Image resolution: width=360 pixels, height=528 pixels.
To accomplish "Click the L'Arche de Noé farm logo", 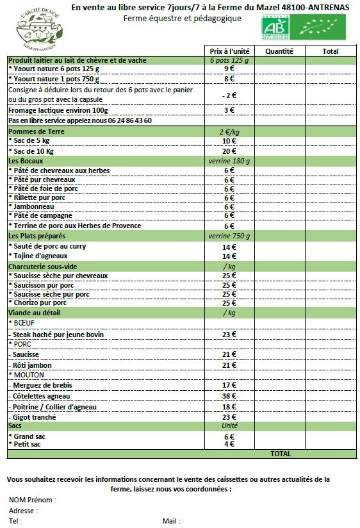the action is (40, 29).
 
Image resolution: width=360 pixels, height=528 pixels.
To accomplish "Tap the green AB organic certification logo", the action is (275, 28).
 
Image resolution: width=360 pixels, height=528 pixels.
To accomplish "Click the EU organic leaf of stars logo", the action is (318, 28).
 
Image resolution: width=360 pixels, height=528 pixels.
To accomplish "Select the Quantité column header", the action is (279, 51).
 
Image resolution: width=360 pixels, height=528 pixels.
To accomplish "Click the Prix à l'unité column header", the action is (229, 51).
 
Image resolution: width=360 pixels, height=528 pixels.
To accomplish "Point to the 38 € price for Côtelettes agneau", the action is (229, 396).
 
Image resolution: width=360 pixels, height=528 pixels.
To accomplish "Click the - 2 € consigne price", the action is (229, 95).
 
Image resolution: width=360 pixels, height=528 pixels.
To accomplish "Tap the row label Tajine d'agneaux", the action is (40, 256).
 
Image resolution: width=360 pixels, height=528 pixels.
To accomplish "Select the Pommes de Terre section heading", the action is (36, 131).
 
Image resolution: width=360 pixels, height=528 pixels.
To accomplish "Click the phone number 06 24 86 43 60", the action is (129, 120).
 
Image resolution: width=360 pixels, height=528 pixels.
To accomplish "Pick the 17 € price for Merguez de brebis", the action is (229, 385).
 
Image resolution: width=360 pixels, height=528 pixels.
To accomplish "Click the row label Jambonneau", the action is (34, 206).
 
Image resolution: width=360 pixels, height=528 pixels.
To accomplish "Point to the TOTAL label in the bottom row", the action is (281, 454).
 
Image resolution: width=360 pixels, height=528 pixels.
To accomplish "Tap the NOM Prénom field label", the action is (32, 500).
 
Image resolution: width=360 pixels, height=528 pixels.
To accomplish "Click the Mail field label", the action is (172, 521).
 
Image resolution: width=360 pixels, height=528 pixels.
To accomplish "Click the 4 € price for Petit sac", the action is (229, 444).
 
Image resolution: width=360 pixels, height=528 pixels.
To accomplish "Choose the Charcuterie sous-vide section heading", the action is (42, 267).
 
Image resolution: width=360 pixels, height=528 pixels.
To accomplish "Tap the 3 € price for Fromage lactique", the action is (229, 110).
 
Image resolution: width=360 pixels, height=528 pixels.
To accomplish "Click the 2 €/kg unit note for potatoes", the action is (229, 131).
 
